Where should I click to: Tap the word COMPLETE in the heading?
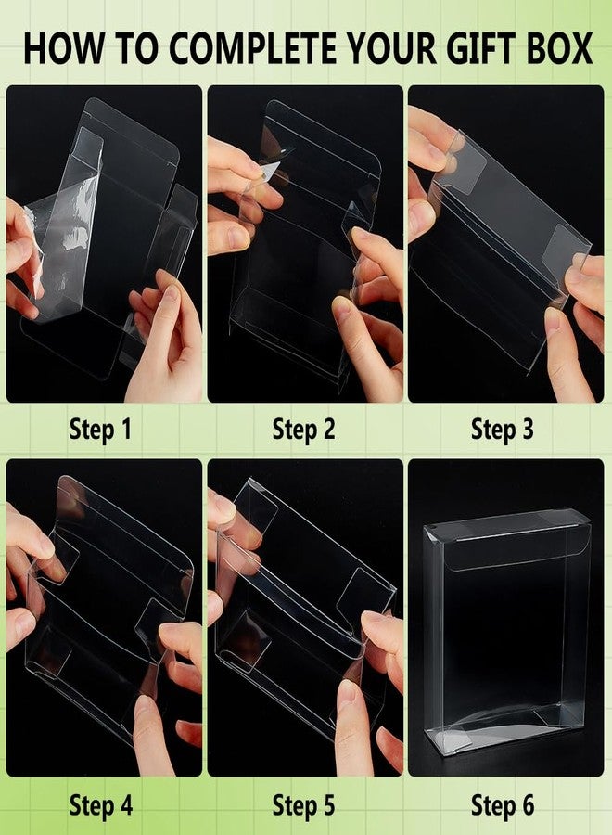tap(253, 48)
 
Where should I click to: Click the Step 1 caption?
tap(100, 430)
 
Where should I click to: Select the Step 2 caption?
tap(303, 430)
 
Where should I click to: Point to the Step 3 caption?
tap(502, 430)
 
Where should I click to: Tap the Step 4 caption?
tap(100, 804)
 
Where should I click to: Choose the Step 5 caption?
tap(303, 804)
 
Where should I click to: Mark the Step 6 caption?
tap(503, 804)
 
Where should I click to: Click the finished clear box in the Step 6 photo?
tap(506, 631)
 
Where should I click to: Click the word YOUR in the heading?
tap(391, 48)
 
